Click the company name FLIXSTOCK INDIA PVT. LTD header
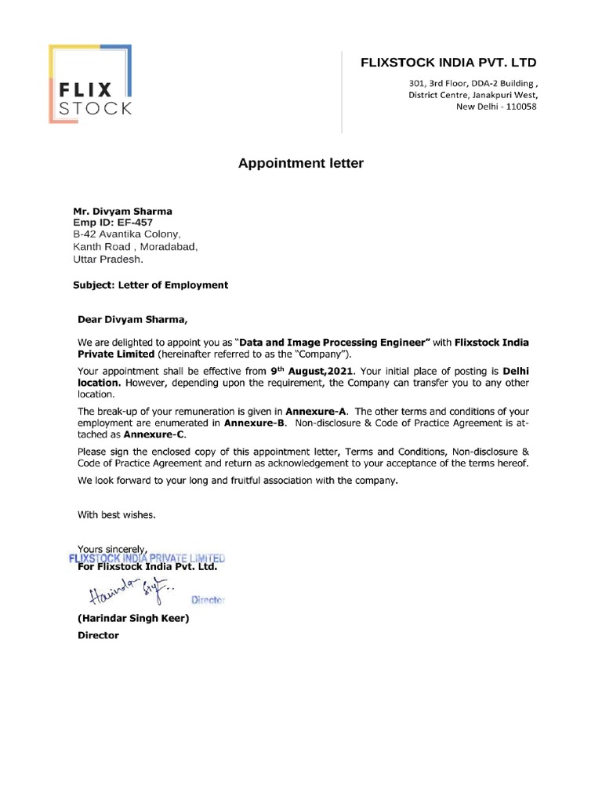coord(448,62)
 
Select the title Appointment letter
coord(301,164)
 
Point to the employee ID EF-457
coord(132,223)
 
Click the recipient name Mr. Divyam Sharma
coord(122,211)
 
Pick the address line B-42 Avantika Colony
coord(127,234)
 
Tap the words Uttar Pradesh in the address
coord(108,258)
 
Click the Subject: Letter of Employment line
coord(150,285)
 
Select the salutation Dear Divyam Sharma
coord(132,319)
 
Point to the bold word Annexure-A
coord(317,410)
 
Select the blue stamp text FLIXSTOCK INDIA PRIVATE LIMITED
coord(147,558)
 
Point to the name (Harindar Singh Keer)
coord(132,618)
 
